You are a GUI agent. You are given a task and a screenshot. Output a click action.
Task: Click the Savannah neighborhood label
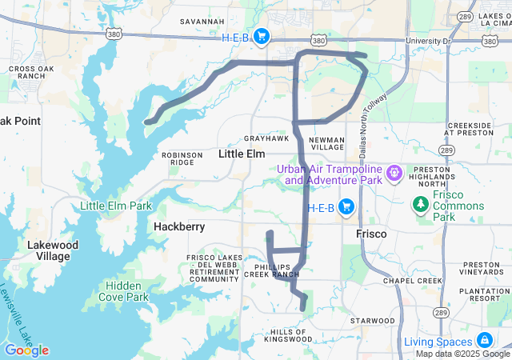click(202, 21)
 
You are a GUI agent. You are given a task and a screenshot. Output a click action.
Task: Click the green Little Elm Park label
click(116, 206)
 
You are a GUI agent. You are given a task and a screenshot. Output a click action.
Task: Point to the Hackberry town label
click(179, 226)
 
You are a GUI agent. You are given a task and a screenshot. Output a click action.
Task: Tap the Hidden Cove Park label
click(126, 291)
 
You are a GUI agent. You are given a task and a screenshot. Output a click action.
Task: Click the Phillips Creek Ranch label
click(278, 269)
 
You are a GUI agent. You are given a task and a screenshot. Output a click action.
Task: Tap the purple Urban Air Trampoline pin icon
click(394, 173)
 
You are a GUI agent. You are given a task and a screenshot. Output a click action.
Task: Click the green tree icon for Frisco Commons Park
click(420, 206)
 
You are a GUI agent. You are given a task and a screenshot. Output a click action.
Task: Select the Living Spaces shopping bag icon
click(484, 340)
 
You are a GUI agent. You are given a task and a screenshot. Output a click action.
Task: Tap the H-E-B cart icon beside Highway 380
click(262, 37)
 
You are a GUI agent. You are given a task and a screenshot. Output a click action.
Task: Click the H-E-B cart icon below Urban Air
click(346, 207)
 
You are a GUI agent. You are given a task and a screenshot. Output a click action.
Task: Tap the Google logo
click(26, 350)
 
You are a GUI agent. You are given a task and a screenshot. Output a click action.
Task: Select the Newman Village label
click(326, 143)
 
